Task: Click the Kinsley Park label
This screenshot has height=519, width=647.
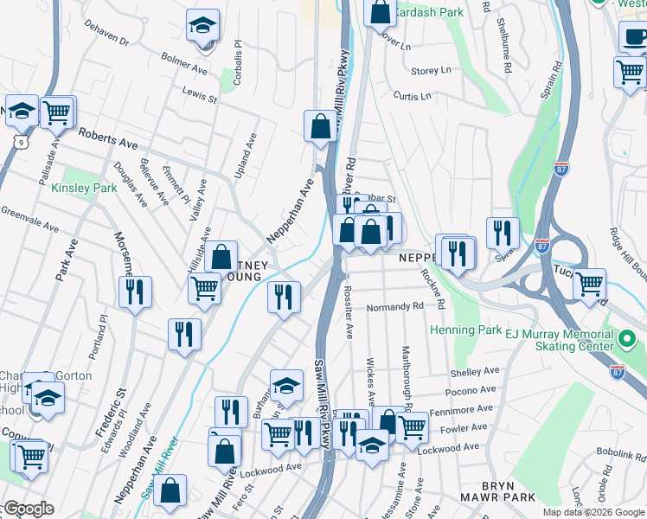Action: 84,188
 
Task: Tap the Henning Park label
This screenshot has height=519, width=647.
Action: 465,330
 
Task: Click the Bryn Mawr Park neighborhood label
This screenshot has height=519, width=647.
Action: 496,497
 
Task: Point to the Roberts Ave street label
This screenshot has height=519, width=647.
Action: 108,138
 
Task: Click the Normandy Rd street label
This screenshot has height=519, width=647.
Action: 394,306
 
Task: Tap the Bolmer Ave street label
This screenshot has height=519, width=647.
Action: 184,63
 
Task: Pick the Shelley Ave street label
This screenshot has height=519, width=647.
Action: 475,371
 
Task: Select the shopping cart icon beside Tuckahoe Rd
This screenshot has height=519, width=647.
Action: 588,283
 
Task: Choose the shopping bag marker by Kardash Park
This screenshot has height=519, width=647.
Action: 380,12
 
